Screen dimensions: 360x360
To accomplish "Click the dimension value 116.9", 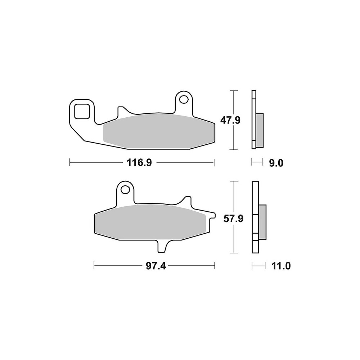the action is point(139,163).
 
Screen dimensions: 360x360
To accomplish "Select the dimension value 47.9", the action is point(230,120).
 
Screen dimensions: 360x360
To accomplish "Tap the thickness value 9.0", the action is point(276,163).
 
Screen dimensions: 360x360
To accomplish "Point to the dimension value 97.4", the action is point(156,266).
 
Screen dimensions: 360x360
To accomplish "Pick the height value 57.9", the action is point(234,219).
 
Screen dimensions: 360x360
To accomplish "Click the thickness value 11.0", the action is point(281,266).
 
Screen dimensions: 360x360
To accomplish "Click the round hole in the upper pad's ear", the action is point(183,100).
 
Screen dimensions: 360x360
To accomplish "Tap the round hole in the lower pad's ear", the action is point(125,190).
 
